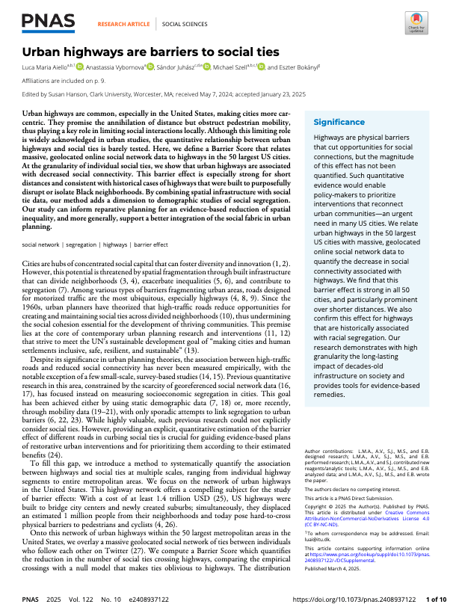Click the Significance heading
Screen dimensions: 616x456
point(339,122)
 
